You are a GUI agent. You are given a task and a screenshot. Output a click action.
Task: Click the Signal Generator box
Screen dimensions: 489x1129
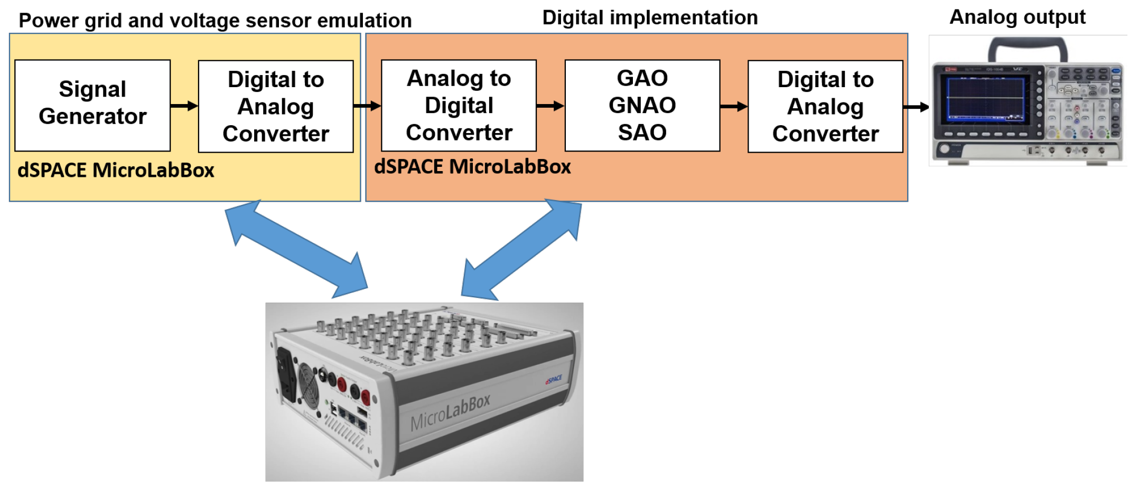coord(92,105)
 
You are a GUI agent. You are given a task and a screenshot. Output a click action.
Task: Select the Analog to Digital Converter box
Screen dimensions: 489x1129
coord(459,105)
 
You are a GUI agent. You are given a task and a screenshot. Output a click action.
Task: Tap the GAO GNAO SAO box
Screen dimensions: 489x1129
coord(642,105)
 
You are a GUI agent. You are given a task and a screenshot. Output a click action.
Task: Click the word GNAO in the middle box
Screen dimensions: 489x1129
coord(642,105)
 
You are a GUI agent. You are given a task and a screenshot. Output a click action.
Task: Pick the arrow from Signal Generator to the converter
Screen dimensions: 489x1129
coord(184,106)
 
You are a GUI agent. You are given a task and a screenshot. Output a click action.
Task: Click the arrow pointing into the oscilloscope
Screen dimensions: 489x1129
coord(916,107)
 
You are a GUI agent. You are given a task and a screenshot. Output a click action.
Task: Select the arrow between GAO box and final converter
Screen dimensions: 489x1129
coord(733,107)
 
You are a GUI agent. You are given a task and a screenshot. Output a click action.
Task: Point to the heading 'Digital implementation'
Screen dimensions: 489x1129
coord(650,18)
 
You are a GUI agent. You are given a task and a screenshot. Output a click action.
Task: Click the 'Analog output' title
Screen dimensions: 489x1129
coord(1017,17)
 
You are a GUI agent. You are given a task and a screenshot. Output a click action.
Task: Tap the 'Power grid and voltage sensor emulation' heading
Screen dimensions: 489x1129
coord(215,21)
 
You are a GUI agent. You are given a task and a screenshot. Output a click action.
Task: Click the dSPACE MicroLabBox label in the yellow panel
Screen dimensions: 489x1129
coord(116,171)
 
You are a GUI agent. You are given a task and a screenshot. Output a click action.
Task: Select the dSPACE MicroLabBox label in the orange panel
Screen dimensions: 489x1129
coord(472,167)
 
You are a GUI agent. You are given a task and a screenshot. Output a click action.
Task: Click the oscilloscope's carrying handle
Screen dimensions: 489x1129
coord(1028,46)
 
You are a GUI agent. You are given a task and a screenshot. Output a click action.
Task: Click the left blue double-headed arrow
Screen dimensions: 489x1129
coord(296,248)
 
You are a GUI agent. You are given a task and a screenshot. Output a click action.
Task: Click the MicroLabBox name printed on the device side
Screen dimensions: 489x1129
coord(451,413)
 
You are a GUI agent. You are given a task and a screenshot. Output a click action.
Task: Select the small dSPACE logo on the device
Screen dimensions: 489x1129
coord(553,379)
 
